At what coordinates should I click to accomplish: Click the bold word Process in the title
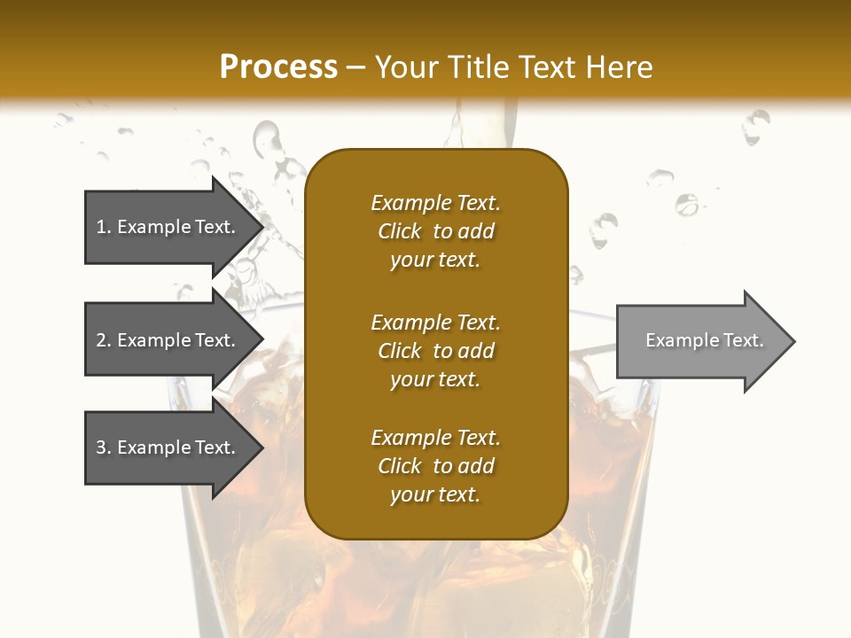coord(278,66)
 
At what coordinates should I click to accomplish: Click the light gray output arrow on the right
coord(700,341)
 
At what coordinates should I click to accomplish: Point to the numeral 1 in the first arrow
coord(101,227)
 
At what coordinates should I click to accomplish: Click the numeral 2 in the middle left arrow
coord(101,340)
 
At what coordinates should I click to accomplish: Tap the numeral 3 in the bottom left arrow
coord(101,447)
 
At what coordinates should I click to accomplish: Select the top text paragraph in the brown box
coord(435,231)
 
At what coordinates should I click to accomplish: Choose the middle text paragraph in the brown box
coord(435,351)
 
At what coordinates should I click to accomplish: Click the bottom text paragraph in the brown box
coord(435,466)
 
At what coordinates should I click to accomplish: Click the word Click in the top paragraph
coord(400,231)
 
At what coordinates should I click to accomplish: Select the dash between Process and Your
coord(356,66)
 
